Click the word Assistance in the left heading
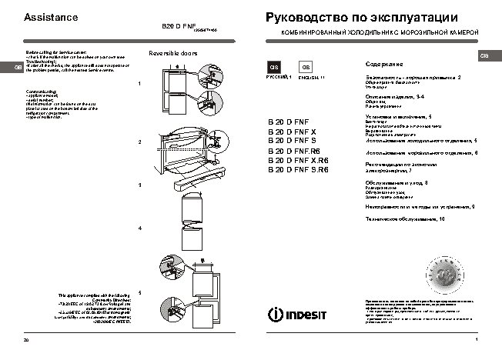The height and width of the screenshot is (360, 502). pos(51,16)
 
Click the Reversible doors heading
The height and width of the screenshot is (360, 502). pos(172,53)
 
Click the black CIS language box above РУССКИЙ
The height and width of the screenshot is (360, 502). pos(273,68)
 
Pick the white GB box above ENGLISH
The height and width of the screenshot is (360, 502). pos(305,68)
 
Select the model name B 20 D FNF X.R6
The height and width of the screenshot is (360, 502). pos(297,160)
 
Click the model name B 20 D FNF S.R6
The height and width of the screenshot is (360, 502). pos(297,169)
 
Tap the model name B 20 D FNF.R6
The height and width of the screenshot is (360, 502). pos(293,152)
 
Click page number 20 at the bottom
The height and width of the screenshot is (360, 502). pos(26,339)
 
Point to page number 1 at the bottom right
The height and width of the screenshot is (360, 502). pos(477,339)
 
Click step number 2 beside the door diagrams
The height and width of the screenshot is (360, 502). pos(139,143)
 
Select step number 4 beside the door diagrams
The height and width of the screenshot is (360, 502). pos(139,228)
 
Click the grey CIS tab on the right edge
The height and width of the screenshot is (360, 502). pos(484,57)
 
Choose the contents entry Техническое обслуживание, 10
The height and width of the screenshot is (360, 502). pos(404,220)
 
